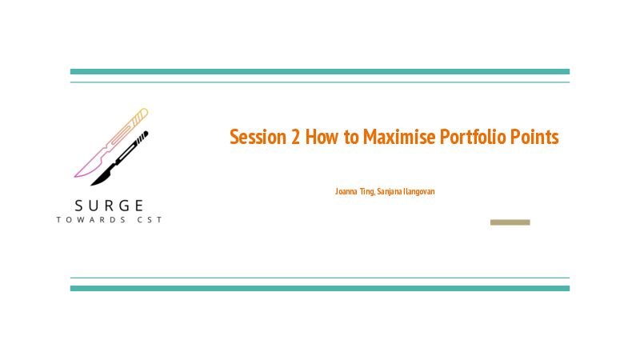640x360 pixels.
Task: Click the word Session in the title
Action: point(258,137)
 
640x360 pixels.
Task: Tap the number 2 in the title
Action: point(295,137)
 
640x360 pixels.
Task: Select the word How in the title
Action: point(322,137)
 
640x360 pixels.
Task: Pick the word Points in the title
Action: point(534,137)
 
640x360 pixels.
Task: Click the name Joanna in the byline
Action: point(346,191)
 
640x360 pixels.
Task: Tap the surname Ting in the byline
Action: point(367,192)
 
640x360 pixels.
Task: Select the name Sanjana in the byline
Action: point(390,192)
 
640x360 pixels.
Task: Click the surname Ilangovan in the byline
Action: point(419,191)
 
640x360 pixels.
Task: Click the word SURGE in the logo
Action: point(109,206)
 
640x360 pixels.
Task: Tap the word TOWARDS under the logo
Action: point(91,220)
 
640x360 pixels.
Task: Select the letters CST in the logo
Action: point(150,220)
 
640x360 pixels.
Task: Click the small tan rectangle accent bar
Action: point(510,222)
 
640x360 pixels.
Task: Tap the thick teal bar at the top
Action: point(320,72)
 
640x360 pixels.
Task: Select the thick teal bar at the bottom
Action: point(320,289)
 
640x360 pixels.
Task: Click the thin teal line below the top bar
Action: point(320,82)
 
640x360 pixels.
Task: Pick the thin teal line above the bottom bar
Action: point(320,278)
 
